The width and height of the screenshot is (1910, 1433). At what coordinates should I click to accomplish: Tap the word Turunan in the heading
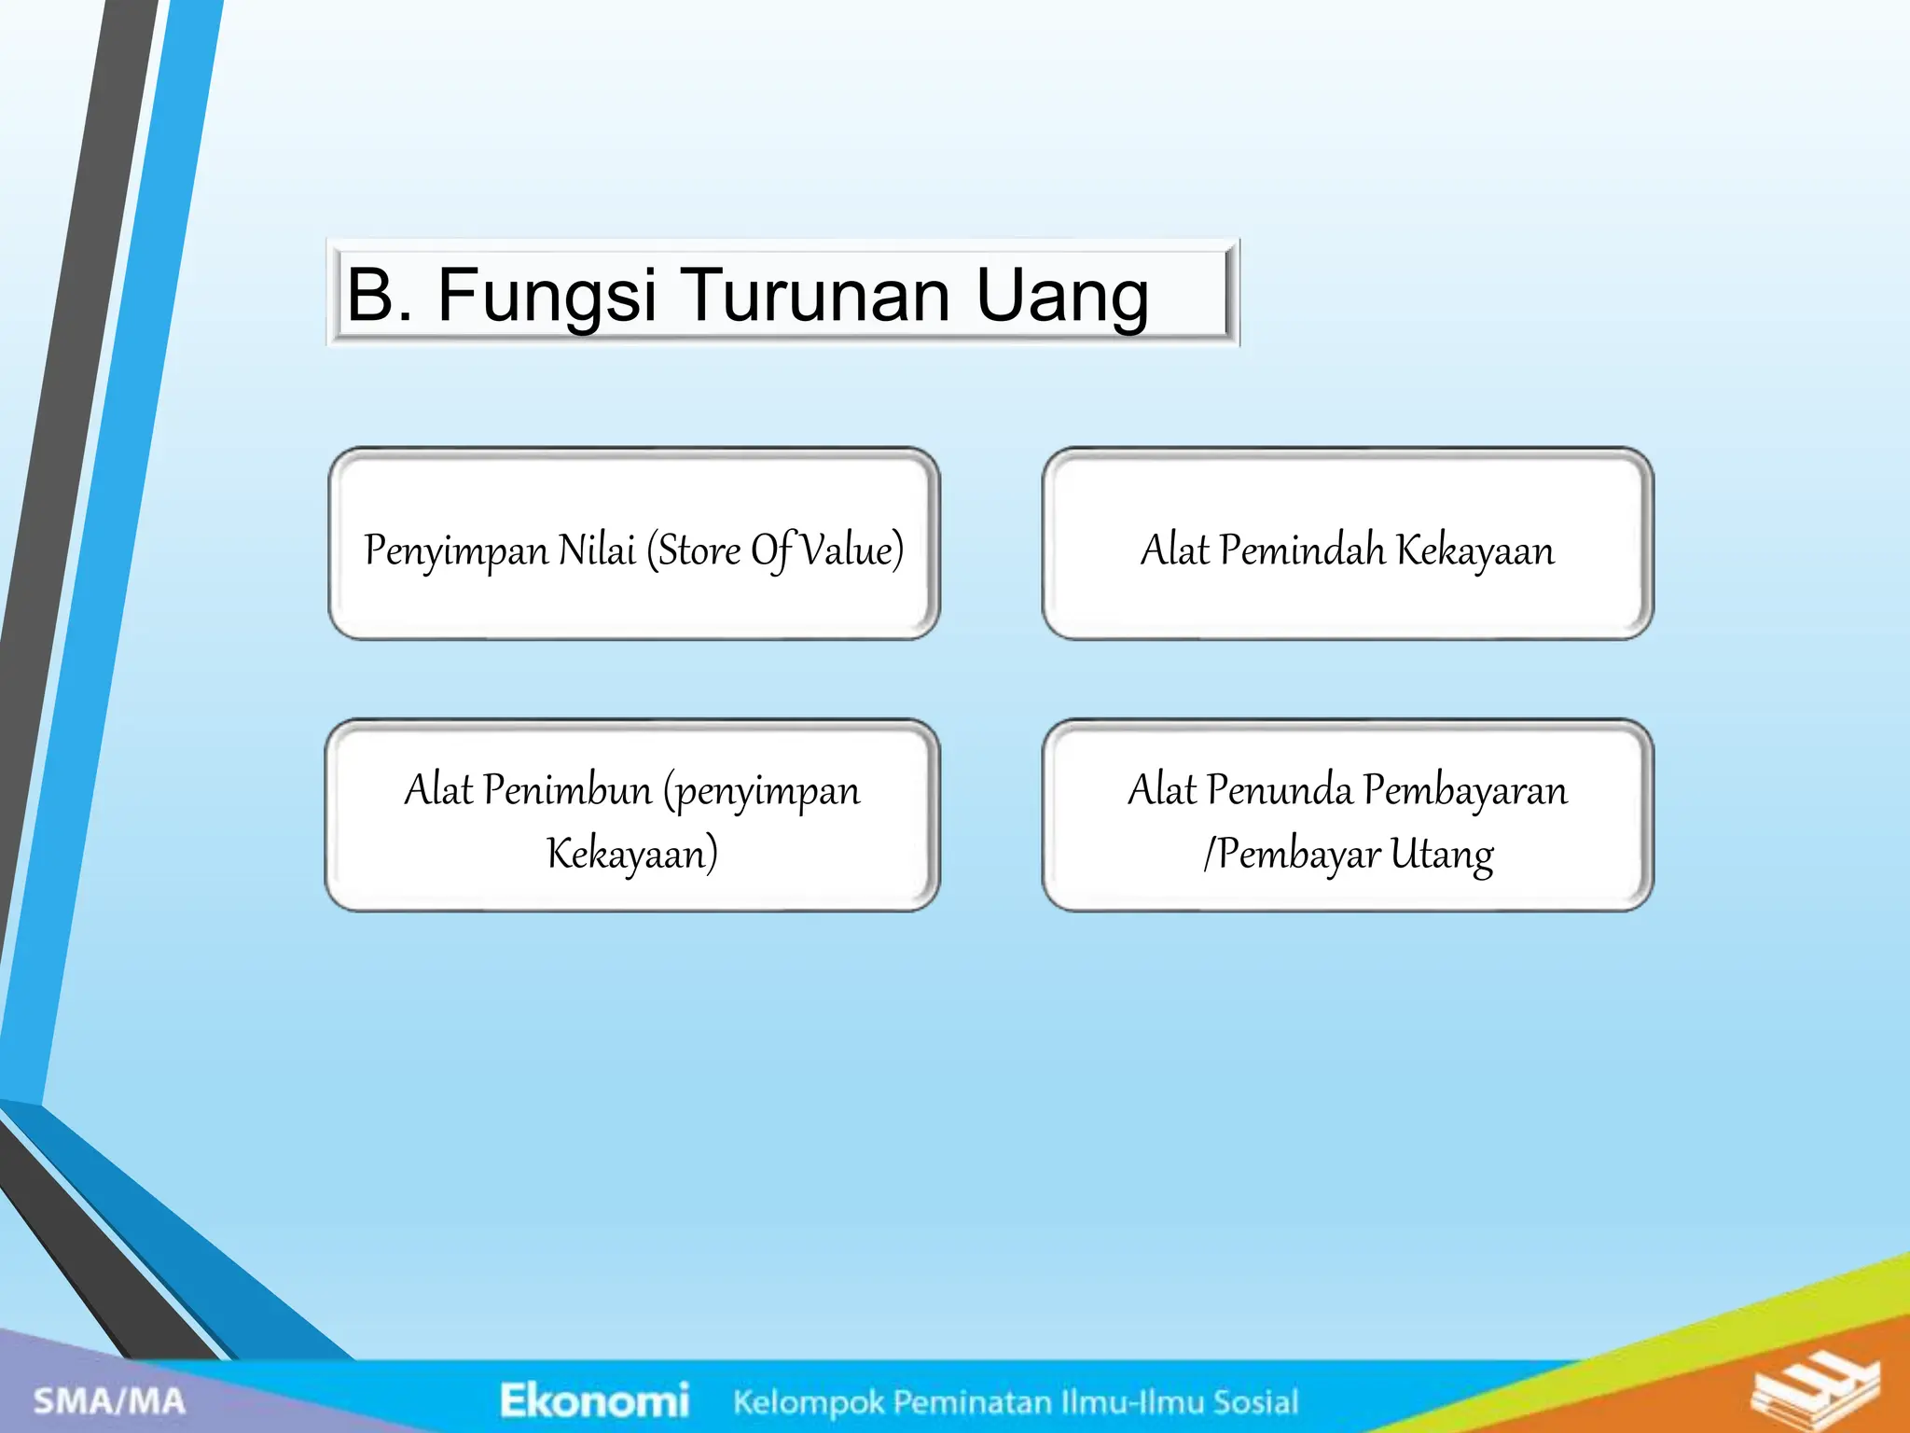pos(819,296)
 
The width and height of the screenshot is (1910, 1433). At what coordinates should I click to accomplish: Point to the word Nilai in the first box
pos(596,550)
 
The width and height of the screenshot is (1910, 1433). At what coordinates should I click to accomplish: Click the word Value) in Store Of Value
pos(852,550)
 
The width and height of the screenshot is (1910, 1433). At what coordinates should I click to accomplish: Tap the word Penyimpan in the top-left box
pos(455,551)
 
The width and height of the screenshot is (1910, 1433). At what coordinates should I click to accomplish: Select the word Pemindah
pos(1302,550)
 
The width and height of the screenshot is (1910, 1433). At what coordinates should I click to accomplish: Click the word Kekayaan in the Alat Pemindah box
pos(1475,551)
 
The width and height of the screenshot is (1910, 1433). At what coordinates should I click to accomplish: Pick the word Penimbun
pos(567,790)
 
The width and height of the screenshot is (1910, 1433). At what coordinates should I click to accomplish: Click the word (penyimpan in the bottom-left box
pos(761,792)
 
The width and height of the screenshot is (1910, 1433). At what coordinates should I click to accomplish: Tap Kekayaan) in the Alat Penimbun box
pos(631,854)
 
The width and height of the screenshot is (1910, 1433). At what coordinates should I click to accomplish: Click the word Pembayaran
pos(1464,792)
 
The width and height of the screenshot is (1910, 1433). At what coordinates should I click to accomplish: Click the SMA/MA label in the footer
pos(109,1400)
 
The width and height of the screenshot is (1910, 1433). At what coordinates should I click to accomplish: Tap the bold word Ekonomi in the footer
pos(594,1400)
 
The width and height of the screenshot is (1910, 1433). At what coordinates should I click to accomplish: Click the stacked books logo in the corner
pos(1813,1391)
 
